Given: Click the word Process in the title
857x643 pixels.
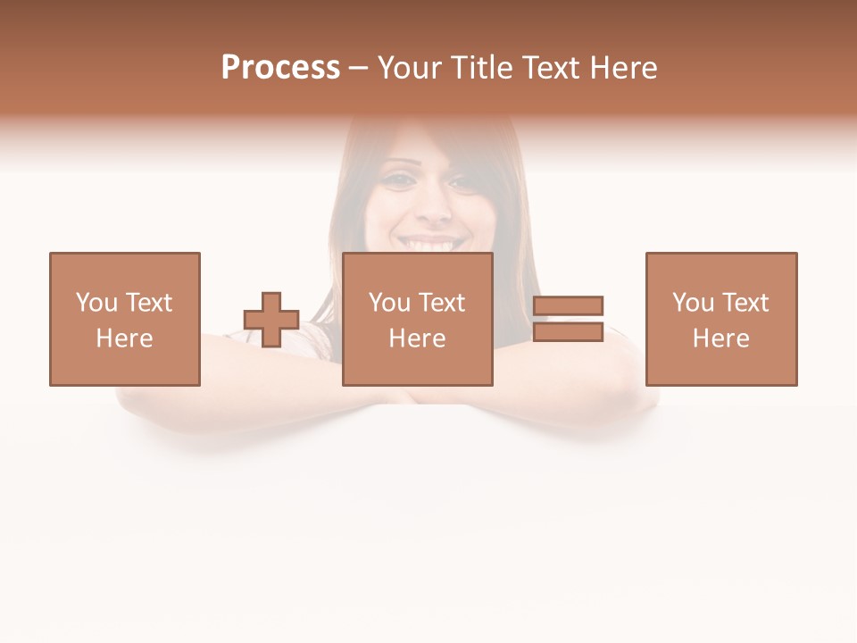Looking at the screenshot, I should (280, 68).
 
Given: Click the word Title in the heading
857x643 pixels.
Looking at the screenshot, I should (482, 68).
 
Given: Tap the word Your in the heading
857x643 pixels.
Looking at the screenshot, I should (410, 68).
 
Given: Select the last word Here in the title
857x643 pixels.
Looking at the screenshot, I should (624, 68).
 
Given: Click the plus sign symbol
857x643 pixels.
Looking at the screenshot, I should (271, 320).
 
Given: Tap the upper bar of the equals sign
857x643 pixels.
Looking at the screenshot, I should (568, 305).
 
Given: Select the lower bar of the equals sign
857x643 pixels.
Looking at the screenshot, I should (568, 331).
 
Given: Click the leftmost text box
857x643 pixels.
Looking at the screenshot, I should (125, 319).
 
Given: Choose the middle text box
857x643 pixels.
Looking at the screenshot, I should (418, 319).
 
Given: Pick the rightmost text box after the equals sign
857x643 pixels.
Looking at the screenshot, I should (721, 319).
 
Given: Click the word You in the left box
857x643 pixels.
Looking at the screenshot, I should (96, 303).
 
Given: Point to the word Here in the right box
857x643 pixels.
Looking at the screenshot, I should (721, 338).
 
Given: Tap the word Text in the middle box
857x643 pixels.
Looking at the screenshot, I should (441, 303).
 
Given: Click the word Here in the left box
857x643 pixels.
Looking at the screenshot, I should (125, 338).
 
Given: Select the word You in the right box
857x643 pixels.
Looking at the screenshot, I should (692, 303).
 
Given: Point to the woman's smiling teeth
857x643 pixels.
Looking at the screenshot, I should (432, 243).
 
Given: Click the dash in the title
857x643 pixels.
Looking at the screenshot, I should (359, 69).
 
